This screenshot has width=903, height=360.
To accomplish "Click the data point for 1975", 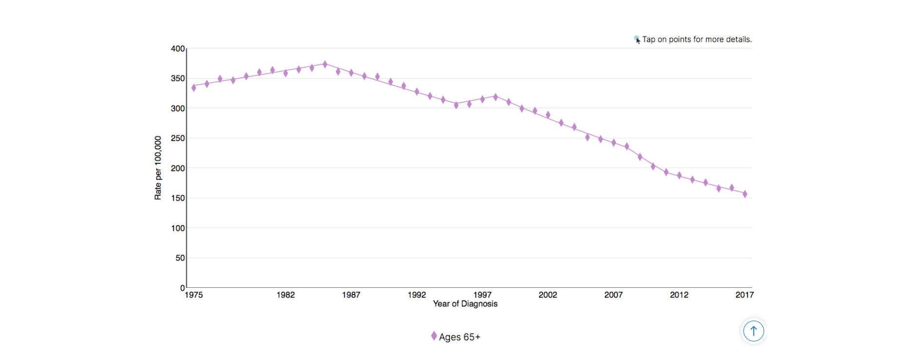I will point(194,88).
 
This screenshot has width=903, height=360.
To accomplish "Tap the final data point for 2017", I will point(745,194).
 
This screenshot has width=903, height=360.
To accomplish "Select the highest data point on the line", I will point(325,64).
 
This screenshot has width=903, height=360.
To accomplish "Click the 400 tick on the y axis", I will point(178,49).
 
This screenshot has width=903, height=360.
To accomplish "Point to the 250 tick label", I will point(178,139).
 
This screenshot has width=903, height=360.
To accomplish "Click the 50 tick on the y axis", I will point(180,258).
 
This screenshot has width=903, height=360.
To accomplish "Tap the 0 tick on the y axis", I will point(182,288).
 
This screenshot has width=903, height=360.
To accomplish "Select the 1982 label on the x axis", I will point(285,295).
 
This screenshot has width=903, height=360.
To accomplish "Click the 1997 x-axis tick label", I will point(482,295).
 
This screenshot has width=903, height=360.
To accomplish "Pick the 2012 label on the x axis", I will point(679,295).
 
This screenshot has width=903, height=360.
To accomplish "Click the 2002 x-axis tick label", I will point(548,295).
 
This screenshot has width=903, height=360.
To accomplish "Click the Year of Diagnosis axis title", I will point(465,304).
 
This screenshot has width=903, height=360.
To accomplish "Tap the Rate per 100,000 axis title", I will point(158,168).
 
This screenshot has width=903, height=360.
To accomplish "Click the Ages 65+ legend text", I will point(459,337).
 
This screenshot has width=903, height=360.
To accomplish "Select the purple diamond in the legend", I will point(433,336).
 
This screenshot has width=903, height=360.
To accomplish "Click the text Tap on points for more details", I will point(697,40).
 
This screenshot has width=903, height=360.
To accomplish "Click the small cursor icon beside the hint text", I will point(637,40).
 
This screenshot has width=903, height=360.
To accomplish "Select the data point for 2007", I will point(613,143).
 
